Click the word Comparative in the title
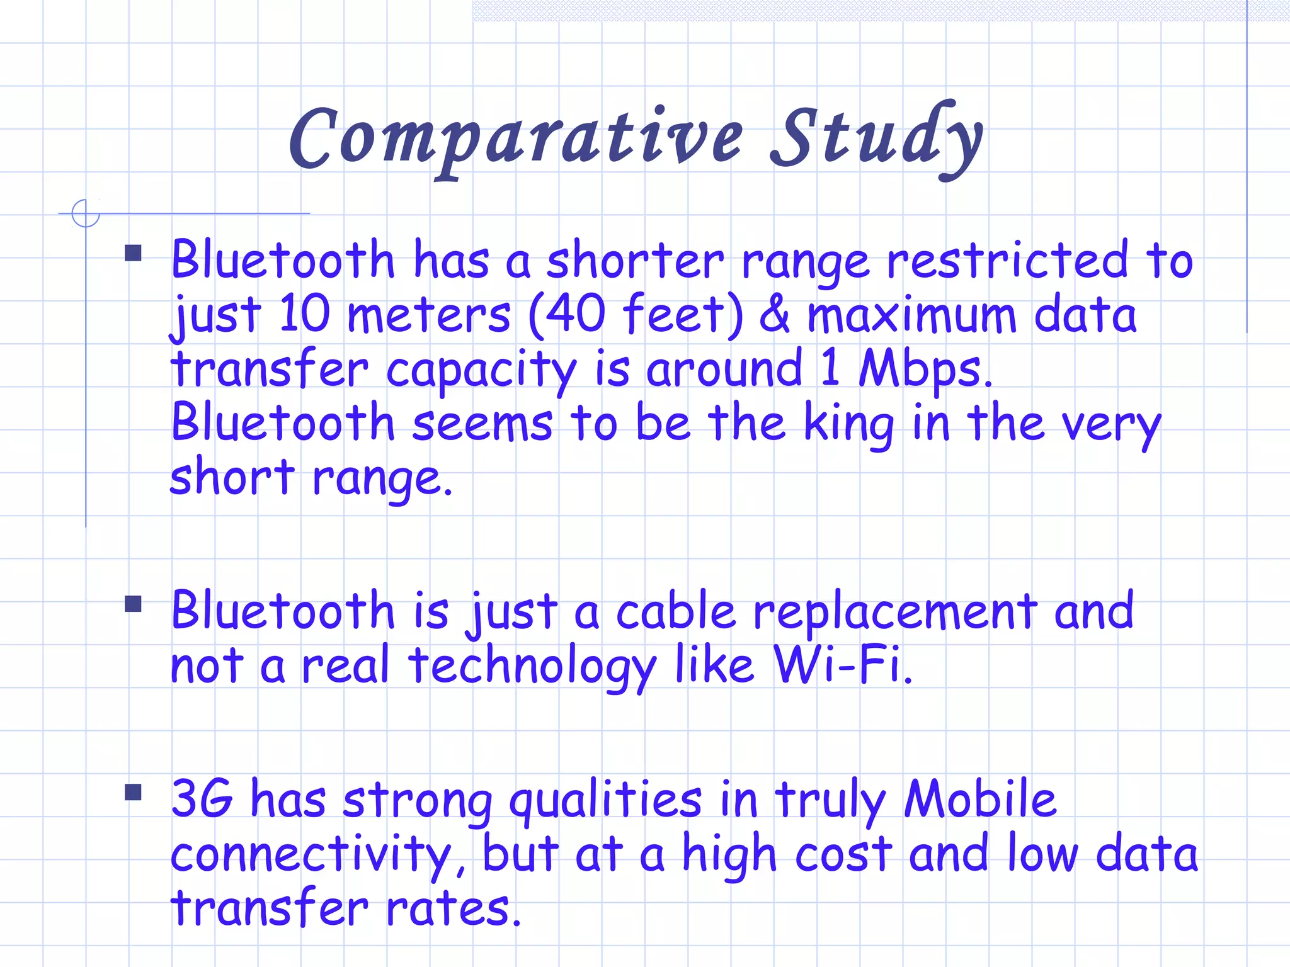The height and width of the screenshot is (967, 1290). [x=517, y=140]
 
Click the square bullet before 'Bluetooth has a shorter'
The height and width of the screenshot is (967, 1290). [x=133, y=253]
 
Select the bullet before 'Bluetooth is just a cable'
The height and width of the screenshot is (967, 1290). [x=133, y=604]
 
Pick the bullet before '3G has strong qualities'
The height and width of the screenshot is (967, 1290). [x=133, y=792]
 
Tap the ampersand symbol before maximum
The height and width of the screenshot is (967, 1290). [x=774, y=315]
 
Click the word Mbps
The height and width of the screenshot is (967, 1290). [x=925, y=369]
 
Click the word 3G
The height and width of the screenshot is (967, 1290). [x=202, y=800]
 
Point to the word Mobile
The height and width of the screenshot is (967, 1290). [x=980, y=800]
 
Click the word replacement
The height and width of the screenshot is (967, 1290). [x=894, y=612]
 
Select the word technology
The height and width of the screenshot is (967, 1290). [x=532, y=666]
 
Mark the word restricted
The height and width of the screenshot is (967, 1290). [x=1008, y=261]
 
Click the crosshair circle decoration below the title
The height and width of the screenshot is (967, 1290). [x=86, y=213]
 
